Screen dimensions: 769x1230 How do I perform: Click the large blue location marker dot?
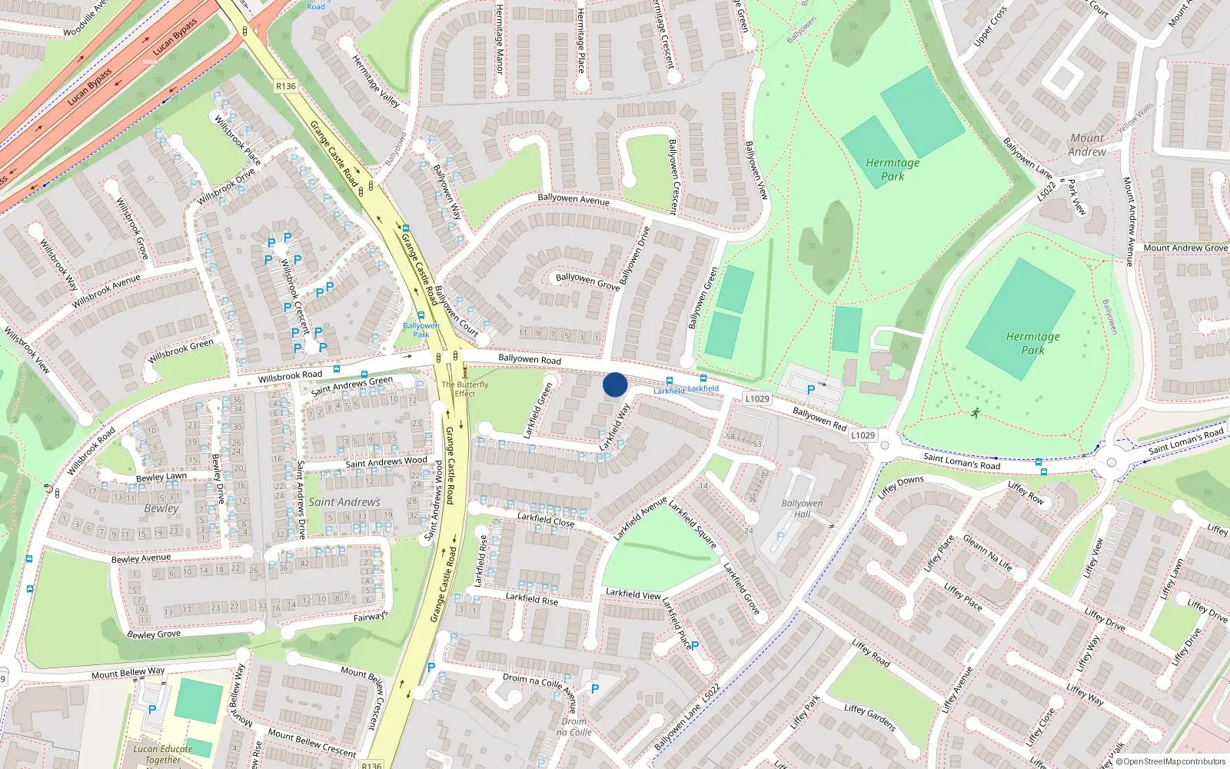(615, 384)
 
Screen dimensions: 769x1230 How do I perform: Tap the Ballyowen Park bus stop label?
(421, 330)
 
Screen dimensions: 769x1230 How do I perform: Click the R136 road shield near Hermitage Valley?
(286, 86)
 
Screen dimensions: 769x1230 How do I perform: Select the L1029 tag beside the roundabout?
(863, 435)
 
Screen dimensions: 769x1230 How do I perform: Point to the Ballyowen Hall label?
(802, 508)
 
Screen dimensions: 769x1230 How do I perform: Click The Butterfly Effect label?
(465, 389)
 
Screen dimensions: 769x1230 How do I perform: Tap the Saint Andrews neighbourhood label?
(344, 502)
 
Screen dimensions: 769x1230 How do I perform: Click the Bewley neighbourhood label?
(161, 508)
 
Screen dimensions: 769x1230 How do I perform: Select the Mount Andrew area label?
(1087, 145)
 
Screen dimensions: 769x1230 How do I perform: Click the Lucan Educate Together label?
(163, 754)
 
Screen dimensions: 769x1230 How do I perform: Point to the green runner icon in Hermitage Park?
(976, 413)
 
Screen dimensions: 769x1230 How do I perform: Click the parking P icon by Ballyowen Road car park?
(810, 390)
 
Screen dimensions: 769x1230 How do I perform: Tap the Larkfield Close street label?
(546, 520)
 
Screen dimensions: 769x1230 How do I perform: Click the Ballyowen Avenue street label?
(573, 199)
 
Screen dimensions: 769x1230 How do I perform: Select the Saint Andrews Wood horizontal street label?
(386, 462)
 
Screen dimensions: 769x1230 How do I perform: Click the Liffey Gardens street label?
(870, 717)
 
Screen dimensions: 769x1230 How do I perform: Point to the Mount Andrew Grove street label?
(1185, 248)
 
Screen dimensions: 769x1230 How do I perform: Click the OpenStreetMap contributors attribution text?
(1174, 761)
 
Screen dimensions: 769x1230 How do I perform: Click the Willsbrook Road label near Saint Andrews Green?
(290, 376)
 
